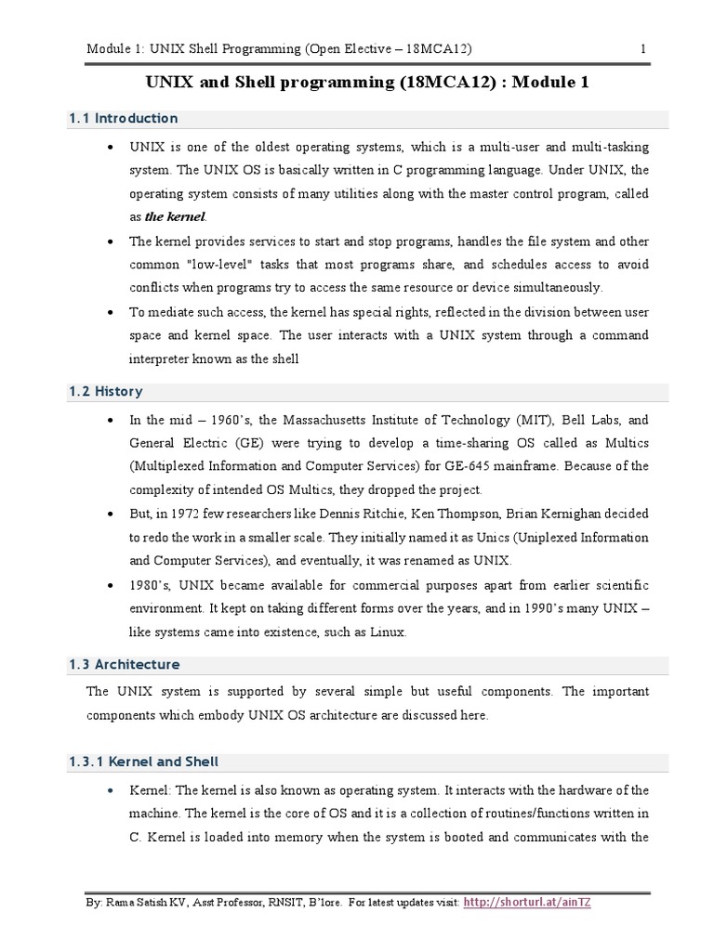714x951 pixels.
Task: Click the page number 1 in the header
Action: click(642, 48)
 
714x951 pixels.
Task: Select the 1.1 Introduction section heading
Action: click(123, 119)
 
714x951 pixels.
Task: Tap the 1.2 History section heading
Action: click(105, 392)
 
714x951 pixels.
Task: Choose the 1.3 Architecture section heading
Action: click(124, 665)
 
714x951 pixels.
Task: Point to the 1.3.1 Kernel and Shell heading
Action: click(143, 762)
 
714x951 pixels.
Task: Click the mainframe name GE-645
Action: click(493, 465)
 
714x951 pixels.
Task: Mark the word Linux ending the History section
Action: click(384, 632)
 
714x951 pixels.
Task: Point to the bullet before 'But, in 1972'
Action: click(112, 514)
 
